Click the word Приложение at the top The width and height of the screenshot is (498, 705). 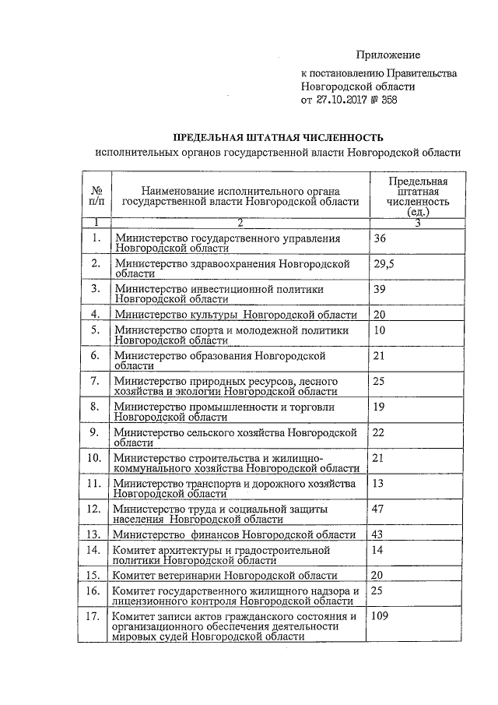pos(388,55)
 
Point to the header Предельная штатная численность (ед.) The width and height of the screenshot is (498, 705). pos(418,195)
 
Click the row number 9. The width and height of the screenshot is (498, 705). pos(94,432)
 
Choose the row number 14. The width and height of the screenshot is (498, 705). pos(94,550)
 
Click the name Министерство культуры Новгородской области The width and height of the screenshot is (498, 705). pos(235,315)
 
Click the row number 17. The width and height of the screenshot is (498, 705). pos(94,617)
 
